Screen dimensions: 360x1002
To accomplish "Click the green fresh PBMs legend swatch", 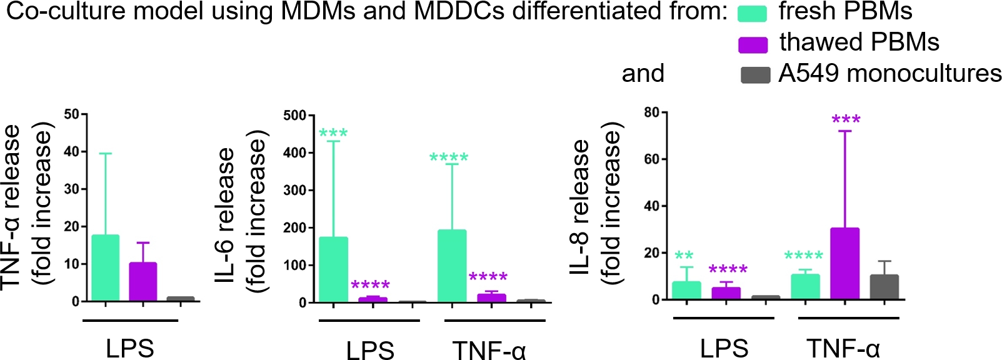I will point(752,14).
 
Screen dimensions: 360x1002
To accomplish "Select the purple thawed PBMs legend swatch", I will point(753,44).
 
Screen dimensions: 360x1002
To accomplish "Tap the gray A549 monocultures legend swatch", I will point(754,75).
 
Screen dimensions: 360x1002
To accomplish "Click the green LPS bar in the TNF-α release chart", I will point(105,268).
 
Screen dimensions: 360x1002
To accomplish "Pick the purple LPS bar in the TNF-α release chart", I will point(143,282).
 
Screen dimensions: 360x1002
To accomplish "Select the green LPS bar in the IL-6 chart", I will point(333,269).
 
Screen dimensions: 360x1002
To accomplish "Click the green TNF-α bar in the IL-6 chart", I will point(452,266).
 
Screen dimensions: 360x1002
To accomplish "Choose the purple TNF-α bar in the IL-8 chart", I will point(844,263).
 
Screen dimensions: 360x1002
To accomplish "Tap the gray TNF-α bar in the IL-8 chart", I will point(884,287).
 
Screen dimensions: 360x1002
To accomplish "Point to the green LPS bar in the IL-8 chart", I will point(686,291).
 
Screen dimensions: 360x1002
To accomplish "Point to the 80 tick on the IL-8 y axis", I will point(652,112).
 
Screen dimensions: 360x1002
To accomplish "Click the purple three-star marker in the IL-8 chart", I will point(846,119).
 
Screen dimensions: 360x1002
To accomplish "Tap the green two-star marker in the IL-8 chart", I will point(684,256).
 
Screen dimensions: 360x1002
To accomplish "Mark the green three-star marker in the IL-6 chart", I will point(333,133).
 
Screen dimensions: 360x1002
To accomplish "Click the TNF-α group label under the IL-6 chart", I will point(489,350).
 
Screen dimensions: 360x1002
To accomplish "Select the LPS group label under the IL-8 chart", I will point(723,348).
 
